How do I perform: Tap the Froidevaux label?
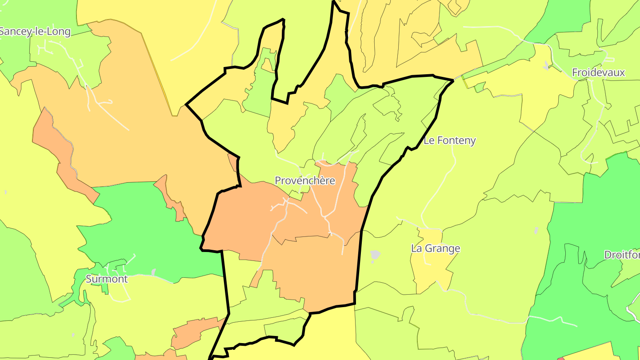598,72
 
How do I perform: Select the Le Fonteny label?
449,140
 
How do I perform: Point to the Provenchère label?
304,180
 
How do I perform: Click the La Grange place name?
435,248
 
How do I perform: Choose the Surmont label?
107,279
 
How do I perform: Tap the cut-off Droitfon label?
622,255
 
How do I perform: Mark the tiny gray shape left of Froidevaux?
545,65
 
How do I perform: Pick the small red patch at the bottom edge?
561,358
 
